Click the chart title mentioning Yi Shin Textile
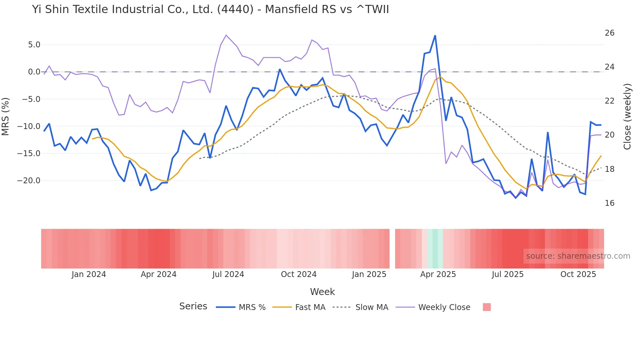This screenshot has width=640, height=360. [x=210, y=9]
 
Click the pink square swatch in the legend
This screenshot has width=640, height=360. [x=487, y=307]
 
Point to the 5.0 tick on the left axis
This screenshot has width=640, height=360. [x=34, y=45]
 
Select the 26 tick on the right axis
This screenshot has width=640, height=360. [x=609, y=33]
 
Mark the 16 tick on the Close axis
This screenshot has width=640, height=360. [x=609, y=203]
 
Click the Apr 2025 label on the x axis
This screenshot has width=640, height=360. [x=438, y=274]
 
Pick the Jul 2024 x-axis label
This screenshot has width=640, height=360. [x=228, y=274]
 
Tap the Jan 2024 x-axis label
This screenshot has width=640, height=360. [x=89, y=274]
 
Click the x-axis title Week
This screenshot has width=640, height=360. [x=322, y=292]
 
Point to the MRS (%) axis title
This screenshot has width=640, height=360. [x=6, y=116]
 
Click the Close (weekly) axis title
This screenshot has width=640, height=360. [x=627, y=116]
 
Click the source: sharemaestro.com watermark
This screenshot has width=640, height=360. [x=578, y=256]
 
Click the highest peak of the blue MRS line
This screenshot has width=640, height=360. [x=435, y=36]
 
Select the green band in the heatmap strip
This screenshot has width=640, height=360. [x=435, y=249]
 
